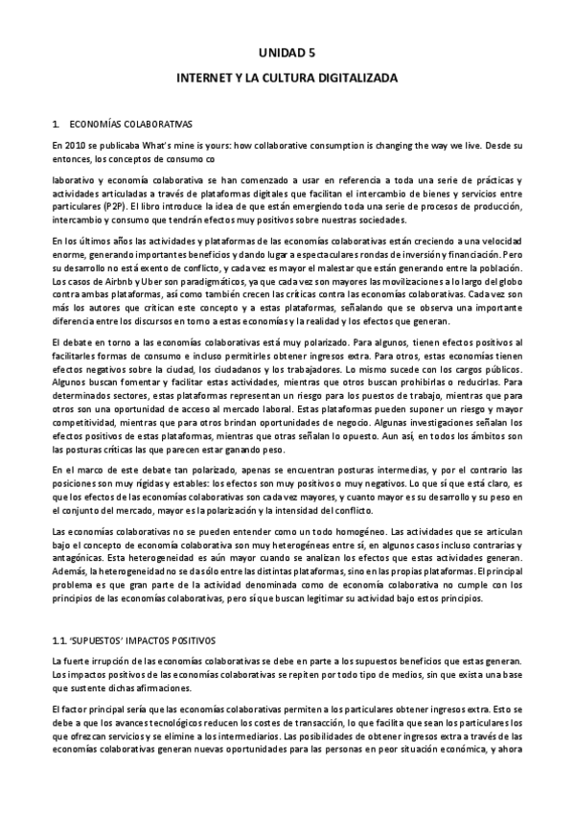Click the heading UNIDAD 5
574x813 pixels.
point(287,57)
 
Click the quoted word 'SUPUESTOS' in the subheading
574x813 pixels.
point(104,639)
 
